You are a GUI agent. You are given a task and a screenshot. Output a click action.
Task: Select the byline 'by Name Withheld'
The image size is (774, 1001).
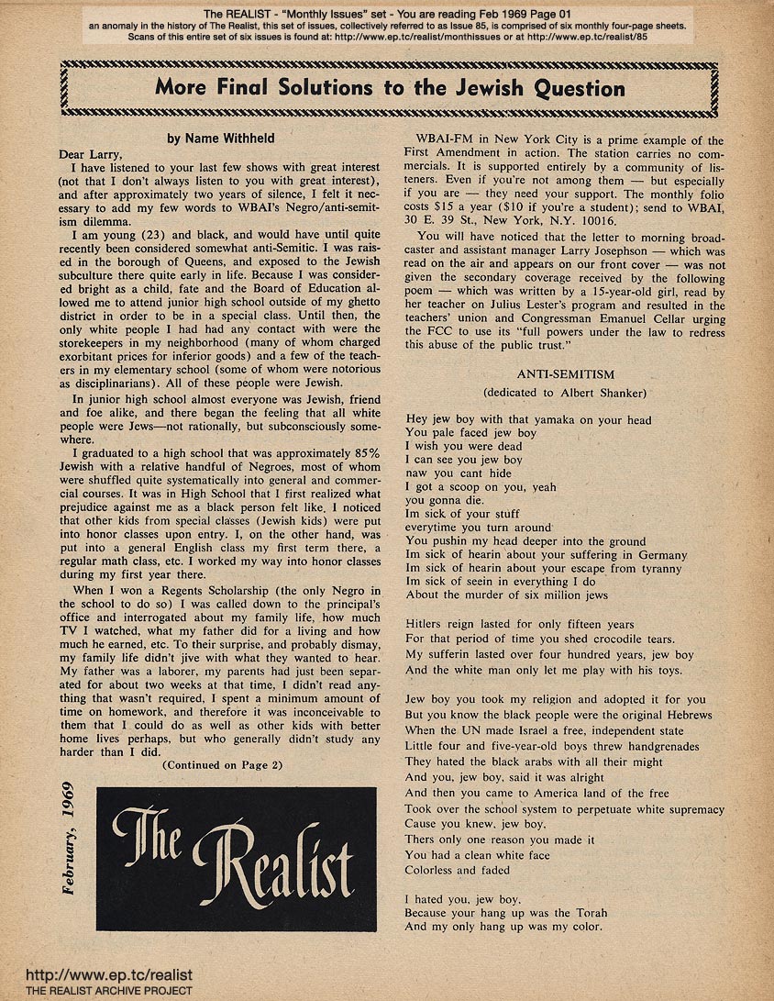(x=224, y=138)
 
